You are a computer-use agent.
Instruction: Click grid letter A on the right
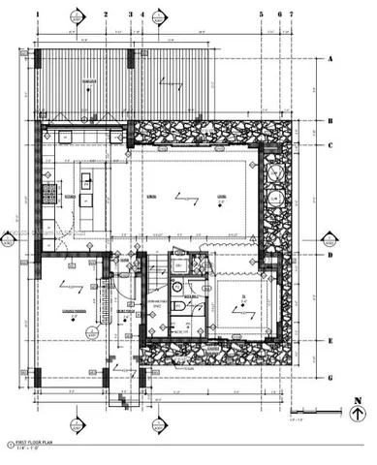click(x=331, y=59)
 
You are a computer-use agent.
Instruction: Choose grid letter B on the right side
click(x=331, y=122)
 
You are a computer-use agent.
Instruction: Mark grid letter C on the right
click(x=331, y=147)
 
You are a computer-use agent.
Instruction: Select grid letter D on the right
click(x=331, y=256)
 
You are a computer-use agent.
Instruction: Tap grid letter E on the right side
click(x=331, y=341)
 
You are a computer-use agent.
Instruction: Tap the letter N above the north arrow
click(x=358, y=398)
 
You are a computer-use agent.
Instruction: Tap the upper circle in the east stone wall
click(x=276, y=172)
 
